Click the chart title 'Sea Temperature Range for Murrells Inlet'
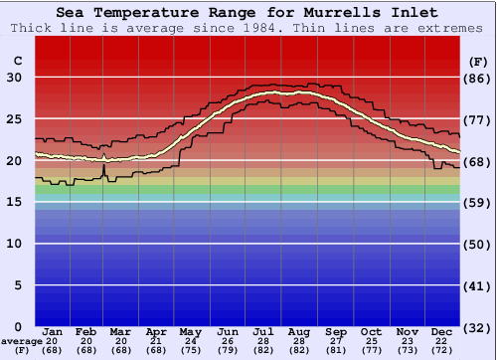[x=248, y=13]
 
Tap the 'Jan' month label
[x=53, y=331]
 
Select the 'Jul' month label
[x=264, y=331]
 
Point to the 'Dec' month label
[x=442, y=331]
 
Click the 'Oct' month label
[x=371, y=331]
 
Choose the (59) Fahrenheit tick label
[x=478, y=202]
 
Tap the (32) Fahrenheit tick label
[x=478, y=326]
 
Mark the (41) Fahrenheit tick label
[x=478, y=285]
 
